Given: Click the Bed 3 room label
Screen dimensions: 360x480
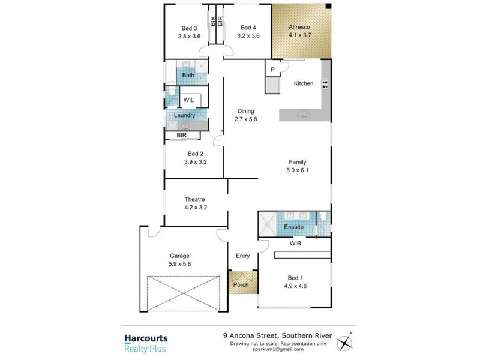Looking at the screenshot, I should pos(189,28).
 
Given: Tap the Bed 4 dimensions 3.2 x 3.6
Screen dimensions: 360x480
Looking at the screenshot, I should pos(248,36).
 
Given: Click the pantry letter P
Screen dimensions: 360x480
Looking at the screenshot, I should pos(272,70).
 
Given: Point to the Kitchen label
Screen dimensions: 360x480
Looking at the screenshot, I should pos(303,83).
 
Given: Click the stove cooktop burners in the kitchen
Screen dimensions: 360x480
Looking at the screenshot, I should pos(325,84).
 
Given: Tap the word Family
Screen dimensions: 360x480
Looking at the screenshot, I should pos(298,162).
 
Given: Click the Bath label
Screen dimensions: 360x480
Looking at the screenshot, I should pos(188,76).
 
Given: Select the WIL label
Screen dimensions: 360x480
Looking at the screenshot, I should pos(188,100).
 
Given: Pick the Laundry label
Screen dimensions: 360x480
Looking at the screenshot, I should pos(184,115).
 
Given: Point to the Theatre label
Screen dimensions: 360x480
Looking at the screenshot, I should pos(195,199).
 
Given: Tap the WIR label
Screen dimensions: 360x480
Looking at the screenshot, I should pos(295,244).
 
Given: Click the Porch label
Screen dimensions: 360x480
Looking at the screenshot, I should pos(241,284).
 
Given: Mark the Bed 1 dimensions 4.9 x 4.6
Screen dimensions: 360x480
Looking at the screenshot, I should pos(295,286).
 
